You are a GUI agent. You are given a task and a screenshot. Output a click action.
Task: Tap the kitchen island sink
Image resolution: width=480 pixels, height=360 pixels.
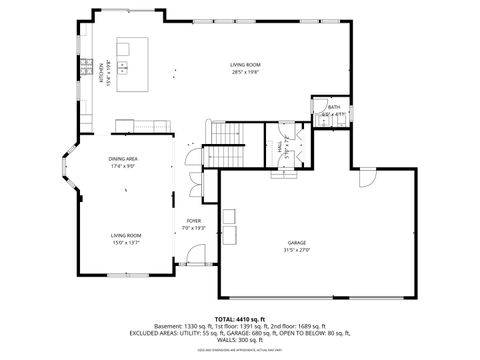(x=123, y=68)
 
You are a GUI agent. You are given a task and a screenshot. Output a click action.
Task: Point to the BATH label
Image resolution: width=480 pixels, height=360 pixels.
(x=333, y=107)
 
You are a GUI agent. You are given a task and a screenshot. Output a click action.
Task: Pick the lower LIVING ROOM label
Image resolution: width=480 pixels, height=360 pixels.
(x=126, y=235)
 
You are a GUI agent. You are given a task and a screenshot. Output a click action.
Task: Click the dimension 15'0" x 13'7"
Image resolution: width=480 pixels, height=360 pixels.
(x=126, y=242)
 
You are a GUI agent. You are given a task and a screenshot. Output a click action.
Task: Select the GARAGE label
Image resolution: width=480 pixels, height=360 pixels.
(x=297, y=242)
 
